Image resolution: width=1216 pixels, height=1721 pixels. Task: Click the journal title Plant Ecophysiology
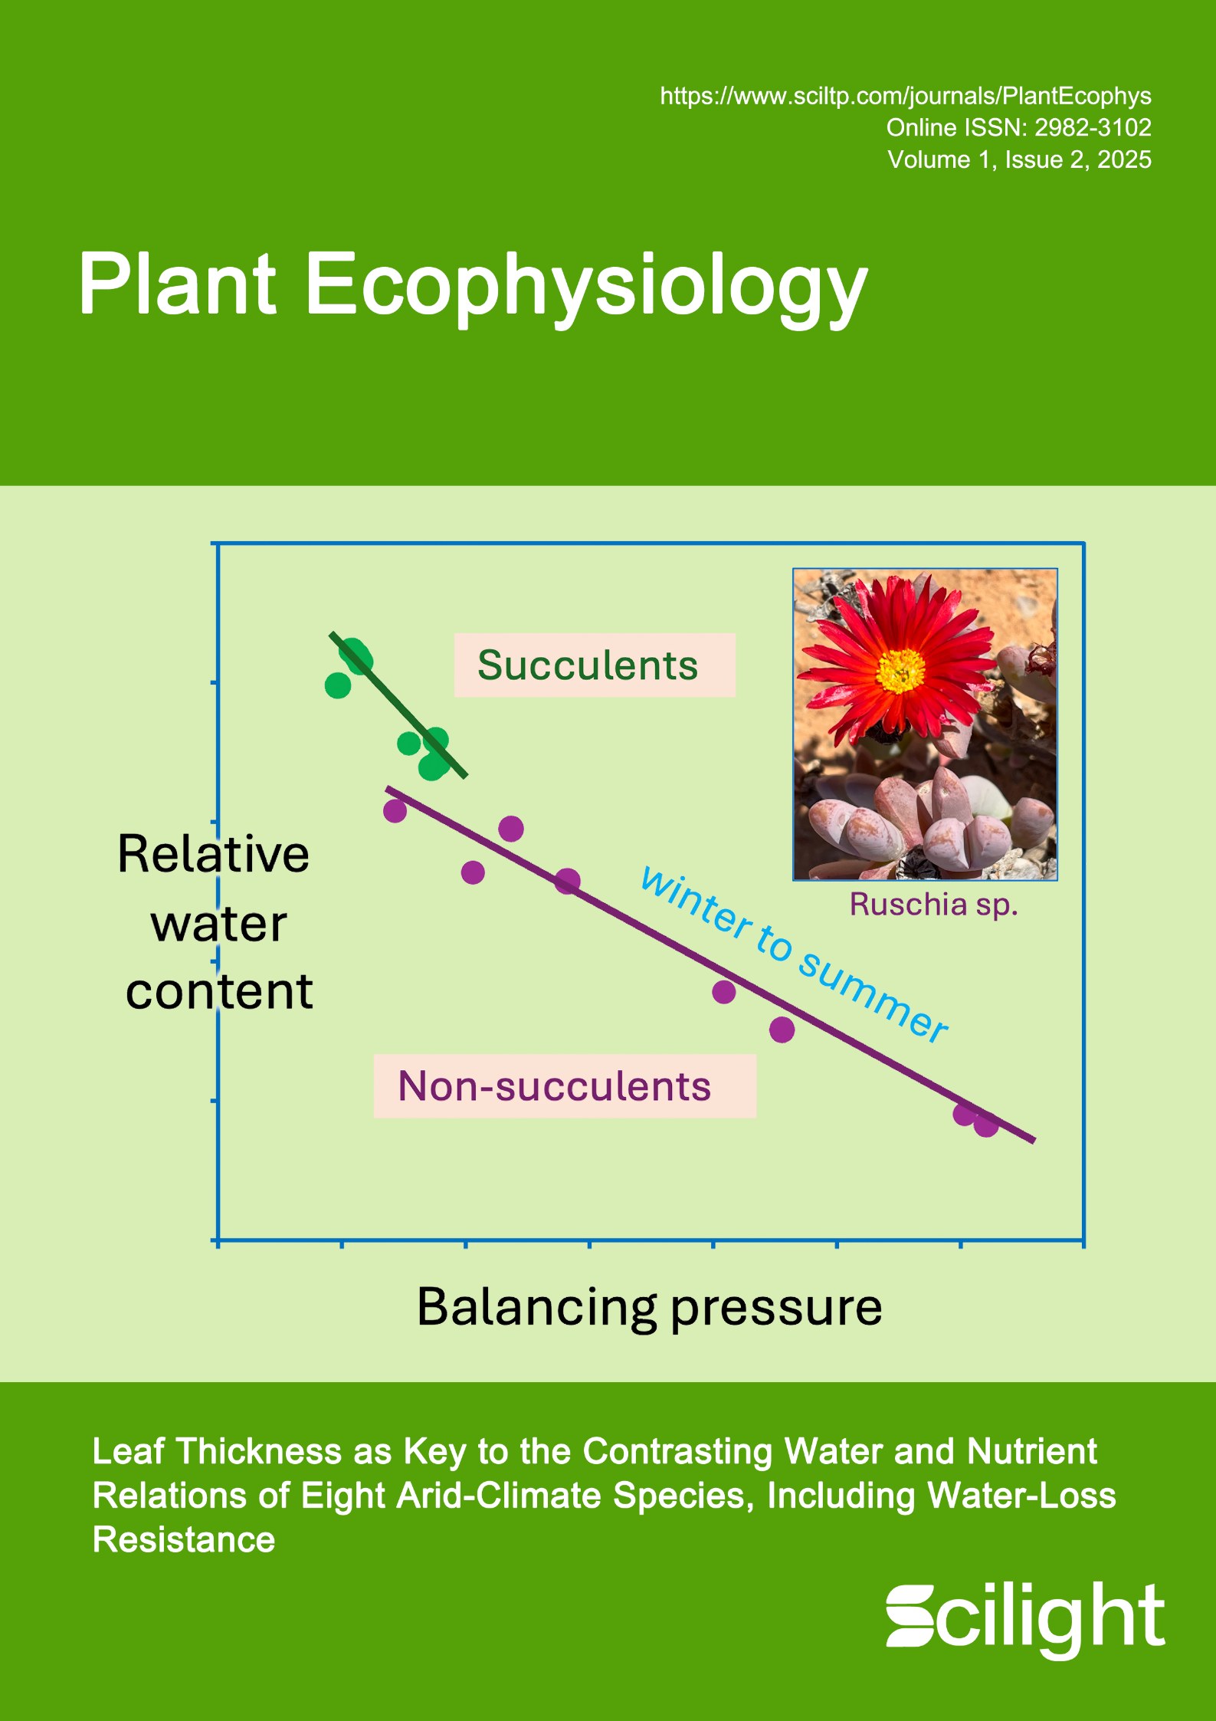473,287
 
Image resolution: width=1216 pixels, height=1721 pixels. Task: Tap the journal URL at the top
906,96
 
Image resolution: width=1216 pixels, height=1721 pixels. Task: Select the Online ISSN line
1019,127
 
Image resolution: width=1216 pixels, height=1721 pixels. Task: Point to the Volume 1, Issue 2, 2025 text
1019,159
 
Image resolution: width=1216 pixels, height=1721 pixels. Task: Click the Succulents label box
595,665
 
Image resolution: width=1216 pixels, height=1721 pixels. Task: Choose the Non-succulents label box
565,1085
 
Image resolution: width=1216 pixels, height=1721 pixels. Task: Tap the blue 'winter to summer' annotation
795,954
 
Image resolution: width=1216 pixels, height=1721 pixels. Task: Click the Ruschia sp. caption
933,905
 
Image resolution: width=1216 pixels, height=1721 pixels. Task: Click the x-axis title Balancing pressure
649,1306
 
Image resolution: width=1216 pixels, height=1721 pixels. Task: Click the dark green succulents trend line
398,705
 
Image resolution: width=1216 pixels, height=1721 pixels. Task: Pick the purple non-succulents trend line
710,964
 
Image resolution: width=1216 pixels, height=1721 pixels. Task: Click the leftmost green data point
338,685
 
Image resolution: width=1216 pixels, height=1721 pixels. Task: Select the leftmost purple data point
395,810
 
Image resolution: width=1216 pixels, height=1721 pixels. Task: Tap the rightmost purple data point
986,1125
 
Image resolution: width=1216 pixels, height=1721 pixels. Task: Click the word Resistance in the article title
184,1539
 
